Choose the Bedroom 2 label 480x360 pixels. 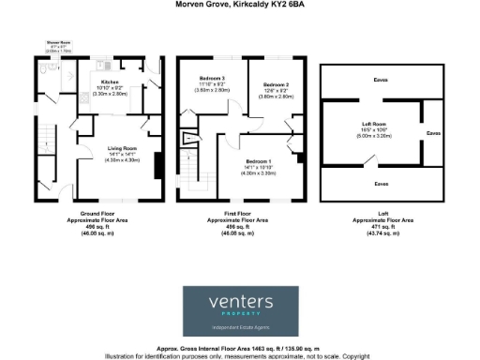(x=276, y=84)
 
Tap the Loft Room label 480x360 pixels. (x=375, y=123)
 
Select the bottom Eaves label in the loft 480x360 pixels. (x=381, y=183)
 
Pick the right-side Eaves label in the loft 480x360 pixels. (x=433, y=132)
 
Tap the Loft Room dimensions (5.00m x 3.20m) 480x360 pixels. (x=375, y=135)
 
